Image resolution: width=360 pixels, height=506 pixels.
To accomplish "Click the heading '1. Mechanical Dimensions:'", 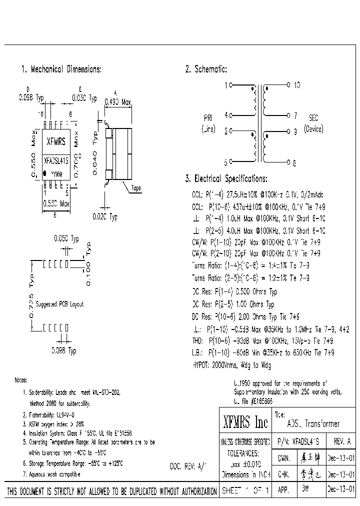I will point(61,69).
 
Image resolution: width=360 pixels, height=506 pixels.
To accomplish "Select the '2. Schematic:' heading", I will point(206,69).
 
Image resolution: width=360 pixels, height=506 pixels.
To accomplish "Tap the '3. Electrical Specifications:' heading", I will point(226,178).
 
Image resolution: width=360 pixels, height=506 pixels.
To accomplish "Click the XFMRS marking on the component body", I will point(55,141).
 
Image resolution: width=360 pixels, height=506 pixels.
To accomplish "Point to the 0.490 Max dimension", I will point(117,102).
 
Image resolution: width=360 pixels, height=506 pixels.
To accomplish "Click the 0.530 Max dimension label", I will point(56,204).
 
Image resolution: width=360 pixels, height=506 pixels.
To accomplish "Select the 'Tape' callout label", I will point(135,188).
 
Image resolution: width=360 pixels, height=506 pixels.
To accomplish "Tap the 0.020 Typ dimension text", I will point(104,217).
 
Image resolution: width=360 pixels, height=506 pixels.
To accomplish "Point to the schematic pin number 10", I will point(296,85).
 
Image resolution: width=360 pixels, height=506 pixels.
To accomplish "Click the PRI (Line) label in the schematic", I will point(208,123).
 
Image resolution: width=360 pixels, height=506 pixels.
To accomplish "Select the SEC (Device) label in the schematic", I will point(313,123).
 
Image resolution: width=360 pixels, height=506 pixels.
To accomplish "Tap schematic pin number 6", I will point(294,162).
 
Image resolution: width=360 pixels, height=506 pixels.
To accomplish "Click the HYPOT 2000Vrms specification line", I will point(231,365).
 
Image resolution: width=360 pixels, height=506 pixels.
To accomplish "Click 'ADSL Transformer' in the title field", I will point(313,424).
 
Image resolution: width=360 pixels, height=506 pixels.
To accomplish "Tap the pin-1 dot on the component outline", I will point(45,173).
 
